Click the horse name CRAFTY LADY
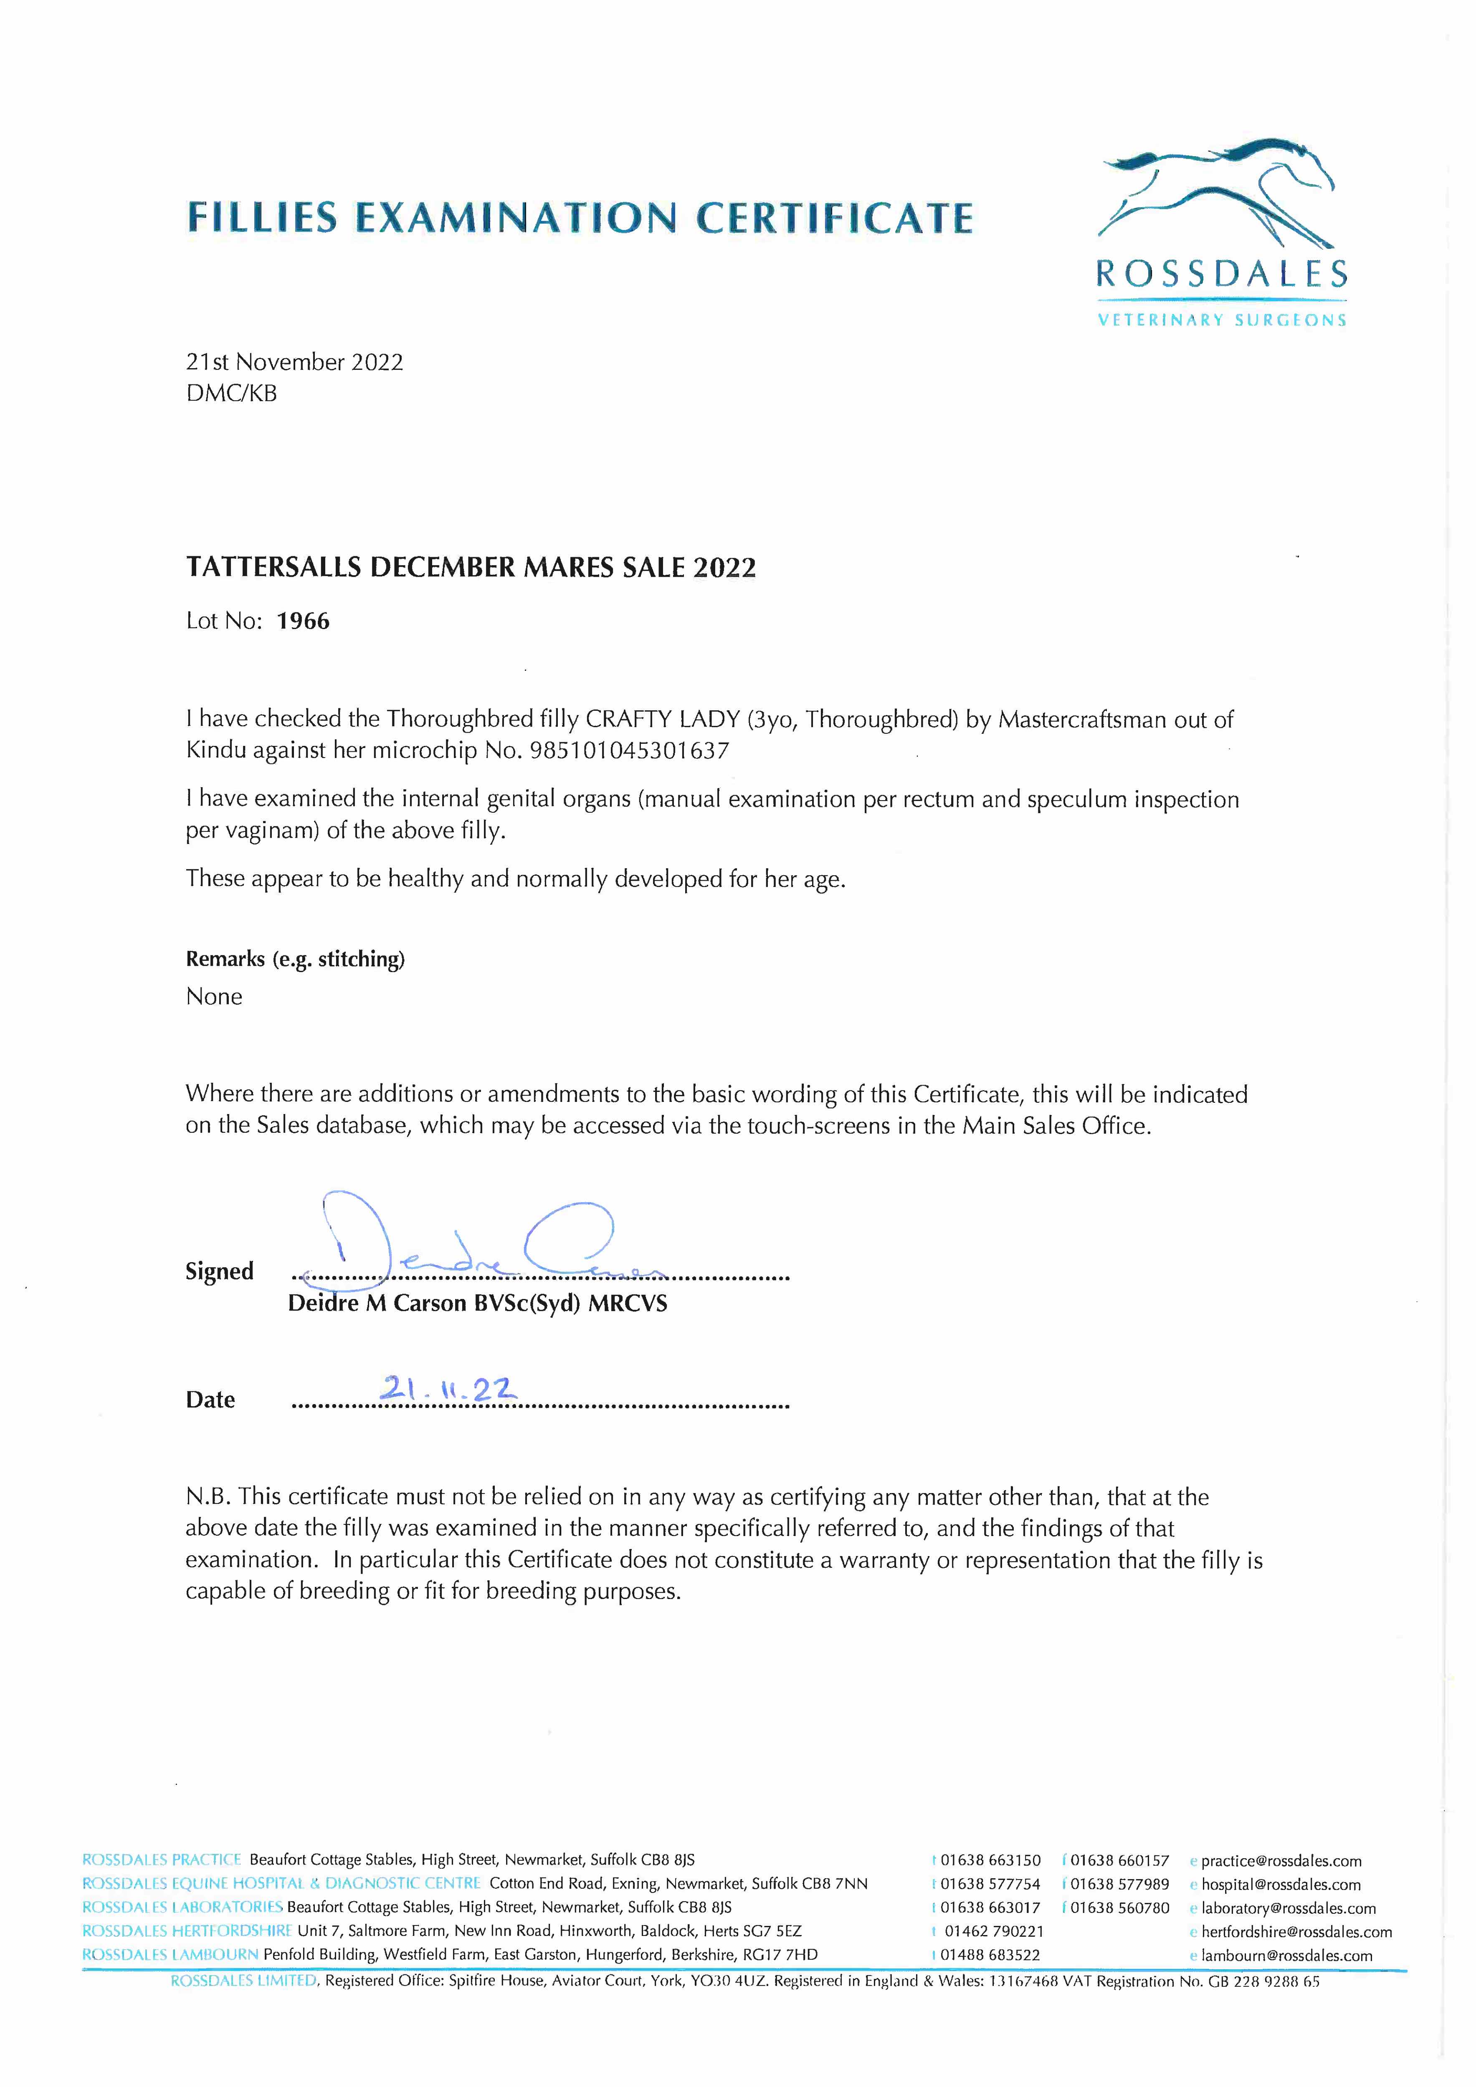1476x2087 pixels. (662, 719)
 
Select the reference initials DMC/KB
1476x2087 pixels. (231, 394)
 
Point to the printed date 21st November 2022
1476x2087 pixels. (294, 362)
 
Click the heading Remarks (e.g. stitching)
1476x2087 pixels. (295, 959)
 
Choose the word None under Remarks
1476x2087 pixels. (214, 997)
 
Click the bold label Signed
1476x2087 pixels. (219, 1271)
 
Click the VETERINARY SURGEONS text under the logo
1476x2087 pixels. (1221, 320)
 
